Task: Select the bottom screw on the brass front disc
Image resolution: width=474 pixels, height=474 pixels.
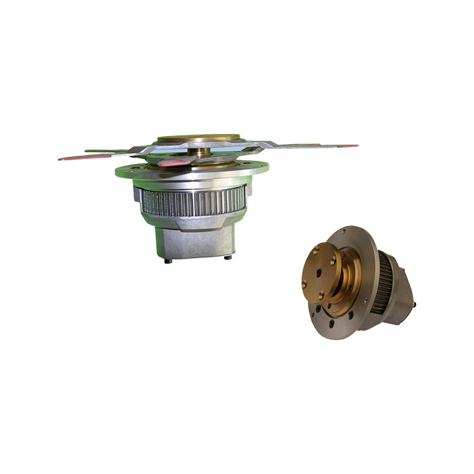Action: point(321,294)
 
